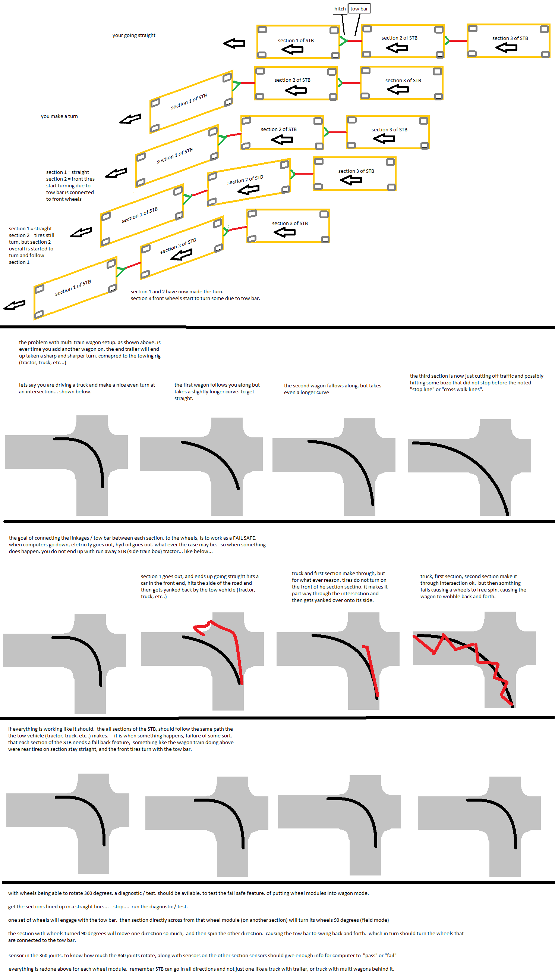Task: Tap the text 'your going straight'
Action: pos(134,35)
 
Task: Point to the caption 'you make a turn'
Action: pos(59,116)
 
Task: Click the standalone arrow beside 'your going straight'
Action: pos(234,43)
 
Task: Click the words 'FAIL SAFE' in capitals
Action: pos(245,538)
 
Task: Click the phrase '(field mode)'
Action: pos(375,920)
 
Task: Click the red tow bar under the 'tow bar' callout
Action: pos(355,41)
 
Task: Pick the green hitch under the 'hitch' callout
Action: pos(343,41)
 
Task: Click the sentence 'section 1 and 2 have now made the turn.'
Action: pos(177,291)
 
